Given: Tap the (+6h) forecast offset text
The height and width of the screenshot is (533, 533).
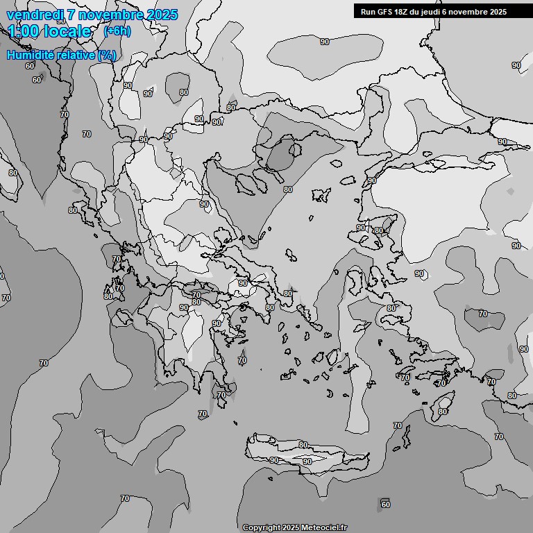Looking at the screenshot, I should click(x=117, y=31).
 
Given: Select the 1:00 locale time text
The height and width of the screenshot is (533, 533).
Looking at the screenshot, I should click(x=49, y=31).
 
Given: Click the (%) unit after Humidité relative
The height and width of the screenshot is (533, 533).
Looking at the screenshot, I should click(x=106, y=55).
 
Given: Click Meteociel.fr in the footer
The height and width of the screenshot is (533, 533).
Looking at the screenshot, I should click(x=323, y=527).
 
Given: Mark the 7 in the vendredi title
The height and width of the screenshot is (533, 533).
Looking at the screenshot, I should click(x=70, y=15).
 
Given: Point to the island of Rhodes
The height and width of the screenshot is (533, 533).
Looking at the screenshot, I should click(x=442, y=403).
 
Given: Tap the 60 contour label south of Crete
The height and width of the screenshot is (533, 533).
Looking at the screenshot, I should click(x=385, y=504).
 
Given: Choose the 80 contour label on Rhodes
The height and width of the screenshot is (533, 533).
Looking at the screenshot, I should click(x=443, y=412).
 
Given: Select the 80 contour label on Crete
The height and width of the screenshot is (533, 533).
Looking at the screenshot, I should click(x=303, y=445).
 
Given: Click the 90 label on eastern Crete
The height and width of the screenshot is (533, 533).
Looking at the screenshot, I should click(x=307, y=462).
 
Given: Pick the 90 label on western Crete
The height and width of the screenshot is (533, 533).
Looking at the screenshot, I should click(x=274, y=460).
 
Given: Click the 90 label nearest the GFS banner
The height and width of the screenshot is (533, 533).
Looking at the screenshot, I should click(x=325, y=42).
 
